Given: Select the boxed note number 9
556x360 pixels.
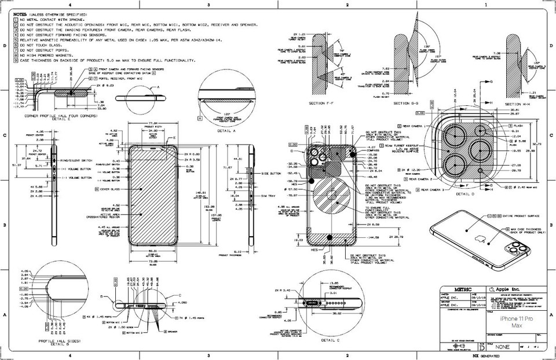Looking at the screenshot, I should [16, 60].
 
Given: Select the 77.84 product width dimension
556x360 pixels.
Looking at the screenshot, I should [153, 123].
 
